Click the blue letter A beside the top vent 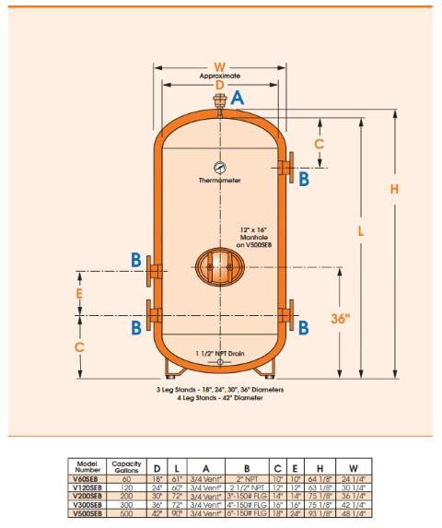[238, 97]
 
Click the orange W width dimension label [219, 65]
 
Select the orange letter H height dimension [394, 188]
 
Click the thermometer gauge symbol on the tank [219, 167]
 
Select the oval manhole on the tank [219, 266]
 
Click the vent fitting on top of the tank [219, 100]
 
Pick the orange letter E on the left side [80, 294]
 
